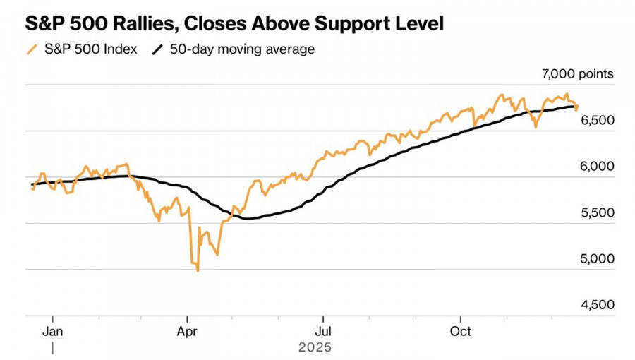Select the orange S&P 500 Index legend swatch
click(x=30, y=49)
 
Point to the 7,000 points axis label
click(x=577, y=73)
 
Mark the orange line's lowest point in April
click(x=198, y=270)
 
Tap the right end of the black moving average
click(x=573, y=107)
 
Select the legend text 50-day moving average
click(x=242, y=49)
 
